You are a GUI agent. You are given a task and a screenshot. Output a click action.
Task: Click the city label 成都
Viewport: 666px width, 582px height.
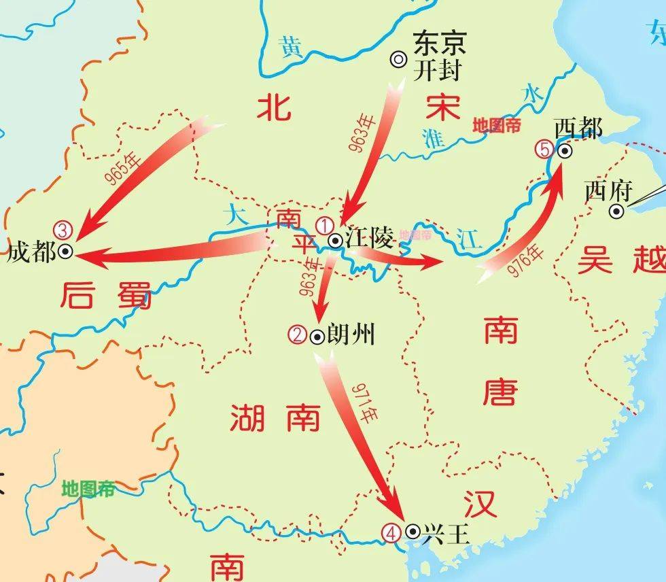pos(31,252)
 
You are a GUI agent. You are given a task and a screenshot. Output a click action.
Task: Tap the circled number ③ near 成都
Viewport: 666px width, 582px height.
pos(62,229)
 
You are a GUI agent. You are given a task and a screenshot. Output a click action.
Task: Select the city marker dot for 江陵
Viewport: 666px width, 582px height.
pos(335,240)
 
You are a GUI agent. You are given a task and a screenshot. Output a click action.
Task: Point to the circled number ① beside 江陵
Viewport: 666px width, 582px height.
pos(326,224)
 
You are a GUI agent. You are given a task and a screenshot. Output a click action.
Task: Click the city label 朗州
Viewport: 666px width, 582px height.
pos(351,335)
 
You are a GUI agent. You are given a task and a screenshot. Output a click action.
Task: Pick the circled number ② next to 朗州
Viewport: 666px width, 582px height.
pos(298,334)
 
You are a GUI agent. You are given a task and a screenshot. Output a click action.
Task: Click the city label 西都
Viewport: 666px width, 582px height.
pos(578,128)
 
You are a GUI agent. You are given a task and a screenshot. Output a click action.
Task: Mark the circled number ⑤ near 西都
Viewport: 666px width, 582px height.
pos(545,149)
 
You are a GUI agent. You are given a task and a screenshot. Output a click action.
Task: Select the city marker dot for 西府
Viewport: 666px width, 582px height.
pos(616,211)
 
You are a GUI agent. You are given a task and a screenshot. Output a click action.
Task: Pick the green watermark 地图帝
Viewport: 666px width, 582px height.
pos(88,488)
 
